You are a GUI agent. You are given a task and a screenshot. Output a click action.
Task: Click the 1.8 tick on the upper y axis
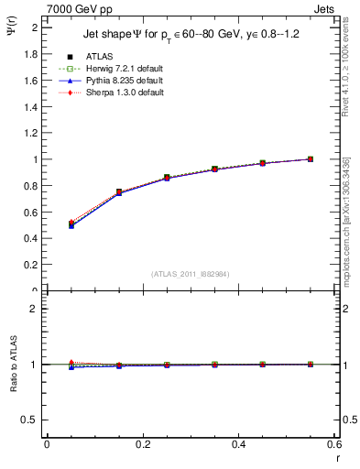33,53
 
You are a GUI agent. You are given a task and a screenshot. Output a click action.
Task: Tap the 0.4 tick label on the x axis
238,444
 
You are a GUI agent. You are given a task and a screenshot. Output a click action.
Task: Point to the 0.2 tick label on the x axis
142,444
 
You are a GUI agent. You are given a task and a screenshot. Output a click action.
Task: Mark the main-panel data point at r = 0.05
71,224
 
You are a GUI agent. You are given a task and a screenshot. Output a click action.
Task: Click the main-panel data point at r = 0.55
311,159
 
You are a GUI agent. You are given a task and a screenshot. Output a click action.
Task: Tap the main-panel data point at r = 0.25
167,178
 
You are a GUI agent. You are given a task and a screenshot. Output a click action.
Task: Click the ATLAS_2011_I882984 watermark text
191,274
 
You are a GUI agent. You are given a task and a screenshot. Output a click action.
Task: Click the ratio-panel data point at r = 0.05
71,365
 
